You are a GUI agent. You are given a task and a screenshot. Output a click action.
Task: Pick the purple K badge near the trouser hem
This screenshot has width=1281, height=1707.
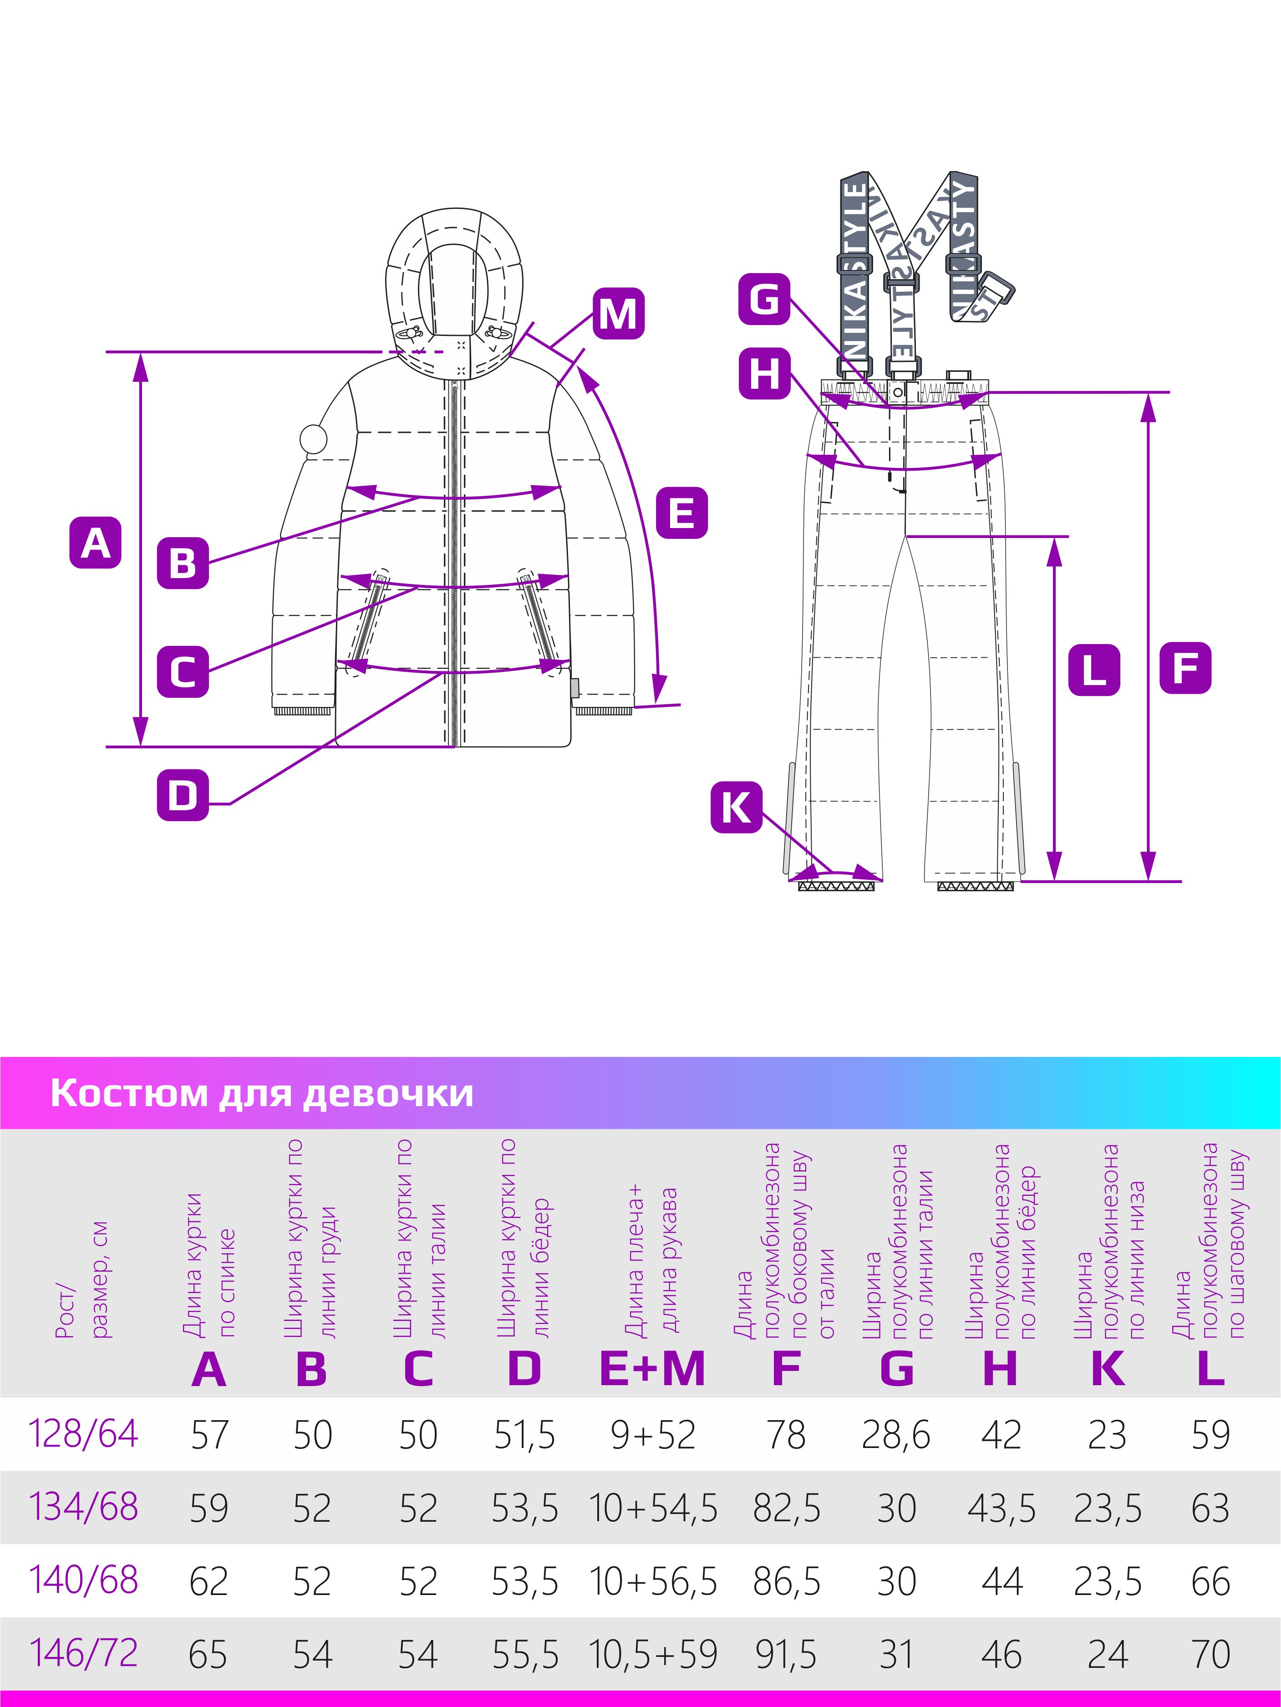coord(736,808)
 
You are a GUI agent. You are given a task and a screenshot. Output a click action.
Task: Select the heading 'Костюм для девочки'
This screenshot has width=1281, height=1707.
coord(262,1093)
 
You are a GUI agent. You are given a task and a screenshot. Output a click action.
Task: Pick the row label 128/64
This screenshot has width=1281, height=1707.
coord(83,1434)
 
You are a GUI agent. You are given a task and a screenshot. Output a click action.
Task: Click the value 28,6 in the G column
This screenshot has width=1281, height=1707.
coord(896,1435)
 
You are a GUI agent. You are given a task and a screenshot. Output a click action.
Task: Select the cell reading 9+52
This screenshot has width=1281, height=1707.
coord(653,1435)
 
